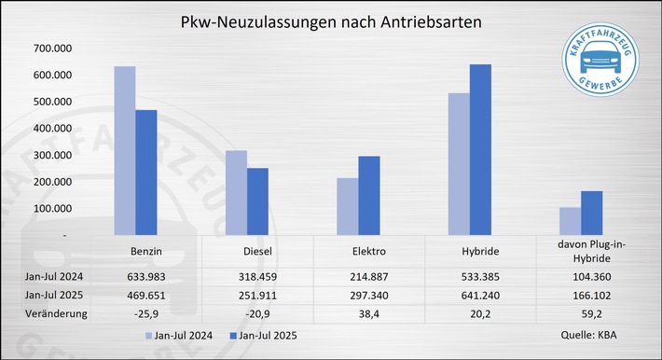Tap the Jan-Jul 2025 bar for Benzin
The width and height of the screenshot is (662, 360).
tap(147, 172)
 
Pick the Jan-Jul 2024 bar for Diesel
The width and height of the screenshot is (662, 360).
tap(236, 192)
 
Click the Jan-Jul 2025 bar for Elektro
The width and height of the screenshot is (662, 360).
tap(369, 195)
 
